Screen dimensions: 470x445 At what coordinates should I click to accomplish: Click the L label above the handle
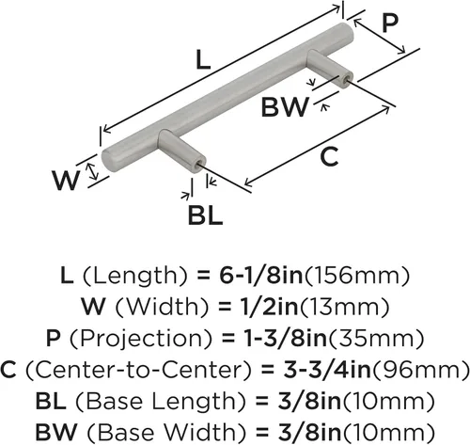(203, 60)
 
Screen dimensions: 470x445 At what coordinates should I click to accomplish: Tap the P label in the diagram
(390, 23)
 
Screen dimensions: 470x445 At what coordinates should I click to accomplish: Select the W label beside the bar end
(66, 181)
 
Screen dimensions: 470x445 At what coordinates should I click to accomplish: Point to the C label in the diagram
(329, 157)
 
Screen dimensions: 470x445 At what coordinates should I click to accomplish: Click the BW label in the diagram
(285, 107)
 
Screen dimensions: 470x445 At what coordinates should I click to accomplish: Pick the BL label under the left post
(205, 215)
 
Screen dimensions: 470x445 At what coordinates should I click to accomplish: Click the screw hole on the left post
(199, 164)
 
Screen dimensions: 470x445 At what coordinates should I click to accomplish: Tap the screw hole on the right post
(345, 80)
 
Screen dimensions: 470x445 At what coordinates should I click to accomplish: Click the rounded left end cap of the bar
(108, 162)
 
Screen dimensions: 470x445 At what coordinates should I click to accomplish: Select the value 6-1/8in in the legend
(261, 276)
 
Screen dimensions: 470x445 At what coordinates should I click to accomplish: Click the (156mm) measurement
(357, 276)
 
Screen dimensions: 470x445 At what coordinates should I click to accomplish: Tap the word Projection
(142, 339)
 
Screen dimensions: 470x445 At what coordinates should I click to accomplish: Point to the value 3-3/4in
(327, 370)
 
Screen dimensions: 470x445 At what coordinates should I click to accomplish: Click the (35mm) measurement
(376, 340)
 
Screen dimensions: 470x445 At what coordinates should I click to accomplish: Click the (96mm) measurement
(420, 371)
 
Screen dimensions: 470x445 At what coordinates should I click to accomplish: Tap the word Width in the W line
(164, 307)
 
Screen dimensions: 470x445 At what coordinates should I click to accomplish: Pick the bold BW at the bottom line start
(56, 432)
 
